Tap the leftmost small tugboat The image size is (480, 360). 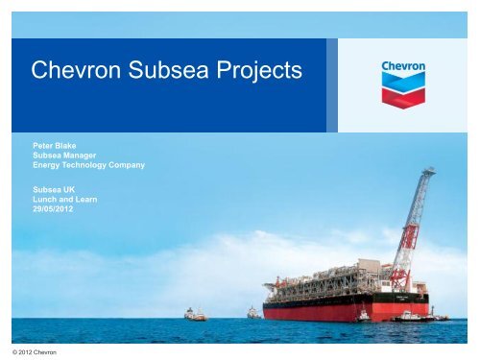194,314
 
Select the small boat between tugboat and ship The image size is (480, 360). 252,312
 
